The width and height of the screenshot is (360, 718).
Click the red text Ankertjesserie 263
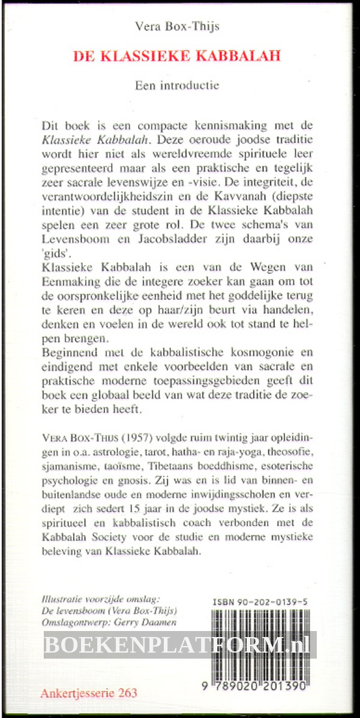(x=89, y=693)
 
